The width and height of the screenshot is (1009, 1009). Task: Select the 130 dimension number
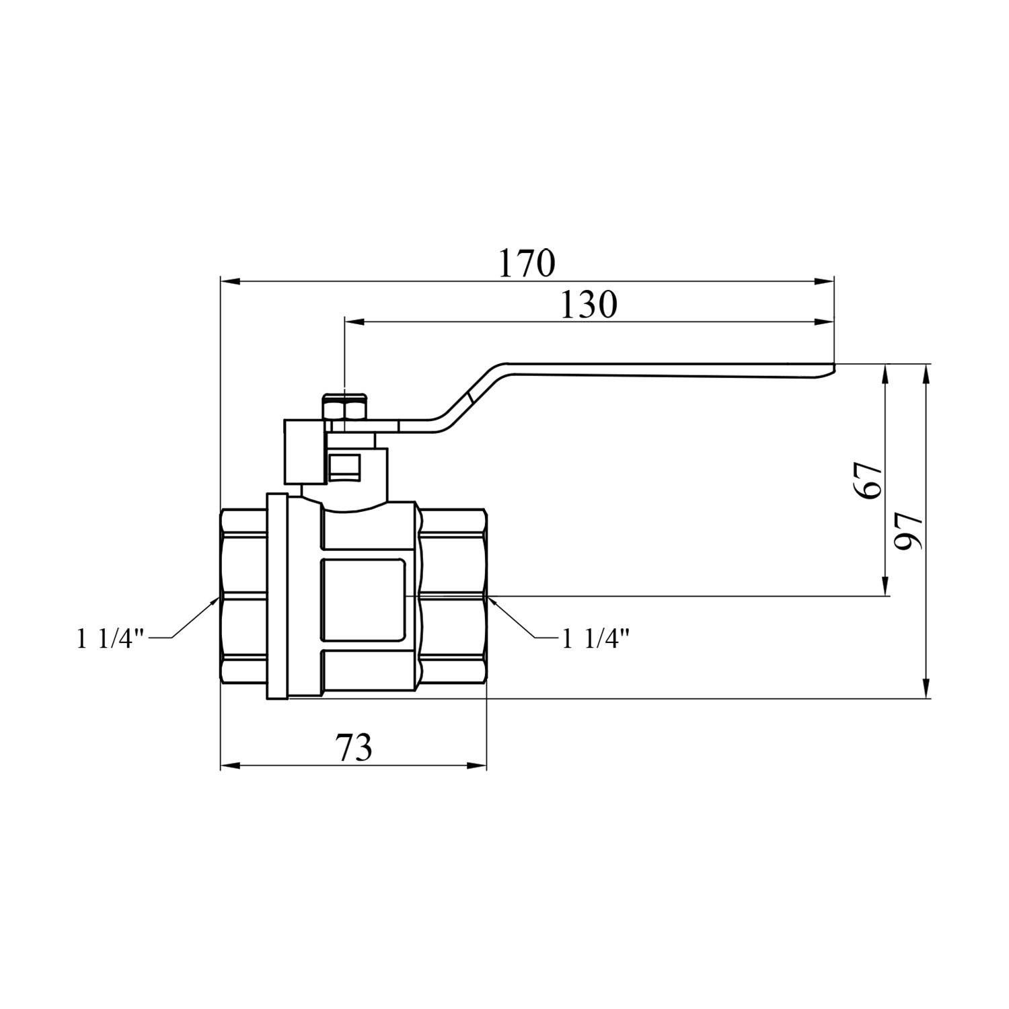point(588,305)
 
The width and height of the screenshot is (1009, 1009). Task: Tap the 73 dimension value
point(354,747)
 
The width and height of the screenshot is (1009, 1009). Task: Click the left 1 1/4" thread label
point(111,638)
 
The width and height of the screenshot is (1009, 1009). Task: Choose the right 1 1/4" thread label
point(595,638)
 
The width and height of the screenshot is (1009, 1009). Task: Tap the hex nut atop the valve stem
point(344,408)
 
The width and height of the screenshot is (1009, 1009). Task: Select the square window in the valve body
point(364,599)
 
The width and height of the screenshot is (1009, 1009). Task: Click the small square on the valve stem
point(345,465)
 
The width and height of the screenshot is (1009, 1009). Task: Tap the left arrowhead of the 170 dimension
point(231,283)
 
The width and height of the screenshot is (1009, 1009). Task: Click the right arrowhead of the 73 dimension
point(476,765)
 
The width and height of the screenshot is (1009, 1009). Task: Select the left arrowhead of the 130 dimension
point(354,323)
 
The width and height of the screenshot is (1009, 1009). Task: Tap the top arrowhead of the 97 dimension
point(927,375)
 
